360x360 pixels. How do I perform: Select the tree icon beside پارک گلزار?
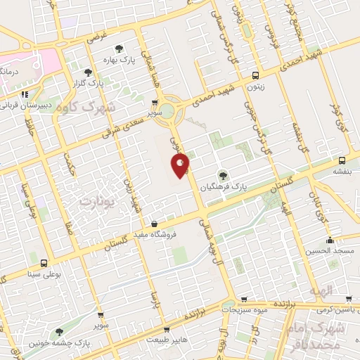[88, 72]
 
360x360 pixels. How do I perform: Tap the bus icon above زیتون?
[255, 75]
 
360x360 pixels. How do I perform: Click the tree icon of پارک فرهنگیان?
[223, 175]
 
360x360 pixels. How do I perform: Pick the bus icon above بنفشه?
[341, 160]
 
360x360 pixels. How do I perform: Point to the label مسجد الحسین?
[330, 250]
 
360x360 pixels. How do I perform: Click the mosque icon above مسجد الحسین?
[330, 240]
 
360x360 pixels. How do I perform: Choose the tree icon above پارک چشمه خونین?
[58, 332]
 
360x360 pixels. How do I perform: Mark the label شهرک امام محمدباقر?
[337, 335]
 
